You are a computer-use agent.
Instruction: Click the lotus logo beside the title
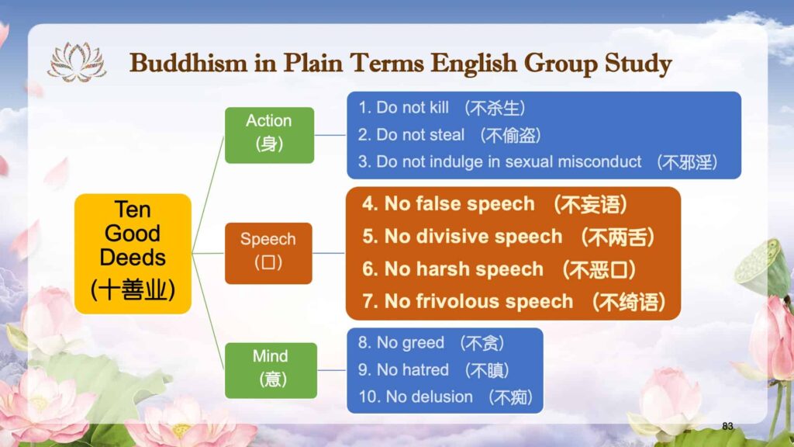(77, 62)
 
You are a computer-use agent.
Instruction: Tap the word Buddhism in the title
(188, 64)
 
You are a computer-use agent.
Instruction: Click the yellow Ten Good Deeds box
(133, 254)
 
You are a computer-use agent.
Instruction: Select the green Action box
(269, 135)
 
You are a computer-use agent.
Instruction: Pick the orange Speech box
(268, 253)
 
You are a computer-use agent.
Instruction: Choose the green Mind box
(271, 370)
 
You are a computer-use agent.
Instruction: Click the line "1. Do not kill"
(403, 107)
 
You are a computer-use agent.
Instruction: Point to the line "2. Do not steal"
(411, 135)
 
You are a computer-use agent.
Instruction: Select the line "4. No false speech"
(448, 204)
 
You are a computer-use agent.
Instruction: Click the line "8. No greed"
(401, 342)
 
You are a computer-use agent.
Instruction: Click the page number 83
(727, 426)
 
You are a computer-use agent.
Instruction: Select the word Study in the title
(639, 64)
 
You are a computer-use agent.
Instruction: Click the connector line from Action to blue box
(330, 135)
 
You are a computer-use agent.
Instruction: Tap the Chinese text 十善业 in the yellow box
(133, 289)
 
